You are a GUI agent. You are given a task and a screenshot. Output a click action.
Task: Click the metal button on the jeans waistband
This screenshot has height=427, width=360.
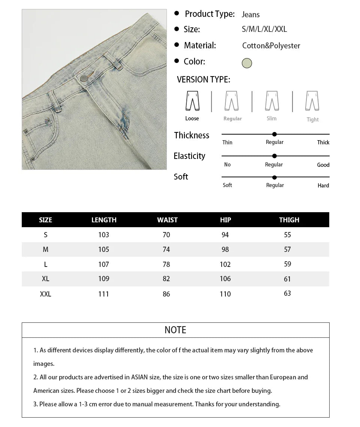[x=83, y=78]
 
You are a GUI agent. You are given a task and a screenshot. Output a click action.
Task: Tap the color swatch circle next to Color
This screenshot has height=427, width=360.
[x=247, y=63]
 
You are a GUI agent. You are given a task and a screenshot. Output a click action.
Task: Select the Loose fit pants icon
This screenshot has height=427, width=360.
[x=192, y=101]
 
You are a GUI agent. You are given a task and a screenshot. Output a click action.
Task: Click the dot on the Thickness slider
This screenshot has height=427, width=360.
[x=274, y=134]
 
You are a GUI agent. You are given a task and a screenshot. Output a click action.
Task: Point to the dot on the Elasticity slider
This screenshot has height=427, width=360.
[x=274, y=156]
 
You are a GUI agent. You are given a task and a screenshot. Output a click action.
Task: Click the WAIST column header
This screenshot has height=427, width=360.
[x=167, y=220]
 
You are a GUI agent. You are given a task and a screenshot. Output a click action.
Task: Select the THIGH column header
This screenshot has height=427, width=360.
[x=289, y=220]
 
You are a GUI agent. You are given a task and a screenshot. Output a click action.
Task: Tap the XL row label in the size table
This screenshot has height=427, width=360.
[x=45, y=279]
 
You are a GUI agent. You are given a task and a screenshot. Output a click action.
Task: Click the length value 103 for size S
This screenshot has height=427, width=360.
[x=103, y=235]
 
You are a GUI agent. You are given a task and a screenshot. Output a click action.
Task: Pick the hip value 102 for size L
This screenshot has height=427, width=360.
[x=225, y=264]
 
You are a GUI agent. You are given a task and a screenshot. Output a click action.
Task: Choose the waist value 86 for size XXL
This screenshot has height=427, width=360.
[x=166, y=294]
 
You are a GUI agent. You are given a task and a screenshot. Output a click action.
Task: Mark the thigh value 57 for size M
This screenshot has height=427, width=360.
[x=288, y=249]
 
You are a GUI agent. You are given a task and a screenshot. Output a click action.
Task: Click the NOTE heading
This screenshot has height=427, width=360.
[x=175, y=330]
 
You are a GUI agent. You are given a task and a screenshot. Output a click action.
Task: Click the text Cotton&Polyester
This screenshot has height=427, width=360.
[x=271, y=46]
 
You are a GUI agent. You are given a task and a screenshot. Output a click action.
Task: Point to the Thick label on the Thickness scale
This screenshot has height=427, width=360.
[x=323, y=142]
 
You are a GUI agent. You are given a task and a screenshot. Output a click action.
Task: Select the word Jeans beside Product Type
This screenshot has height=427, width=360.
[x=250, y=15]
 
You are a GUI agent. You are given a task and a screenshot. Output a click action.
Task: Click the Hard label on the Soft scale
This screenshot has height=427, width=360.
[x=323, y=186]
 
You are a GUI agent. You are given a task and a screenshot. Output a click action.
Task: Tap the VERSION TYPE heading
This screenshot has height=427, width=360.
[x=204, y=79]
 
